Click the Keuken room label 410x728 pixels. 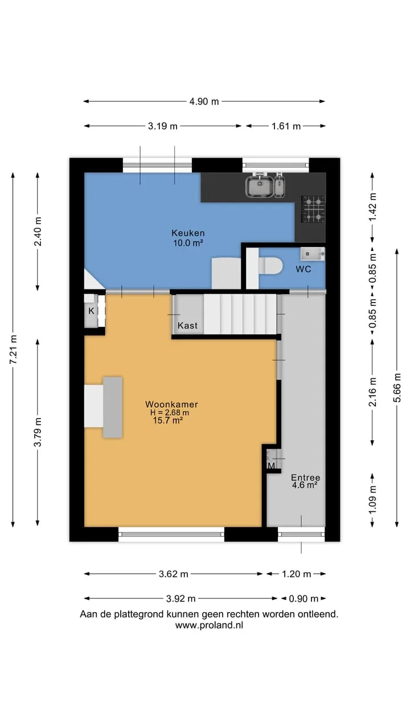point(188,233)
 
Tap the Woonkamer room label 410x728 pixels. point(171,404)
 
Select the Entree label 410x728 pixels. point(305,477)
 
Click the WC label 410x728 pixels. point(304,269)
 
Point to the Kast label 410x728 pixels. point(187,325)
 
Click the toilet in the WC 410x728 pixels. point(270,266)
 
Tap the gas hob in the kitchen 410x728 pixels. point(313,209)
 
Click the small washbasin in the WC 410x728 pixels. point(313,254)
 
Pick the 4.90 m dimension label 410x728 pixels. point(204,101)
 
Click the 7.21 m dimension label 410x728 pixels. point(13,349)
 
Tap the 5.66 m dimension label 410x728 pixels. point(397,388)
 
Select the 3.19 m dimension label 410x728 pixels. point(163,126)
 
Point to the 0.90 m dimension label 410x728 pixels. point(304,599)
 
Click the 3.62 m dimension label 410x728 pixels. point(174,574)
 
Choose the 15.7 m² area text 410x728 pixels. point(167,420)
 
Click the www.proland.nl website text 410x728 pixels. point(209,625)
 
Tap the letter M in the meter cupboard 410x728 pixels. point(272,466)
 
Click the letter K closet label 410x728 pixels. point(91,311)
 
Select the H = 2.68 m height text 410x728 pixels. point(170,413)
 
